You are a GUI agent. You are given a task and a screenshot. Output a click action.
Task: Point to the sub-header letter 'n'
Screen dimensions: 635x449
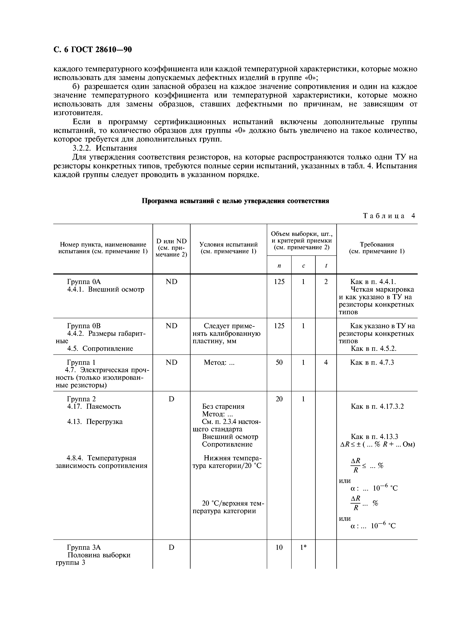point(279,266)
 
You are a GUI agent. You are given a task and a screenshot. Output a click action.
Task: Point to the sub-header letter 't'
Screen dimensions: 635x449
point(326,266)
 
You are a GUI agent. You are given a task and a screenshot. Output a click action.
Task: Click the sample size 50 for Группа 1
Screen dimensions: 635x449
point(279,362)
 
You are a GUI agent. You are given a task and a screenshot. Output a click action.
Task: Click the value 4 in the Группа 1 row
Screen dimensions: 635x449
point(326,362)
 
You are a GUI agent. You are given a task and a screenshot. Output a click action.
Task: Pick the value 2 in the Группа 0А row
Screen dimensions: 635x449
point(326,281)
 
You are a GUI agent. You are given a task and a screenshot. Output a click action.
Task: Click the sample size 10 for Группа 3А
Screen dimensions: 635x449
point(279,547)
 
